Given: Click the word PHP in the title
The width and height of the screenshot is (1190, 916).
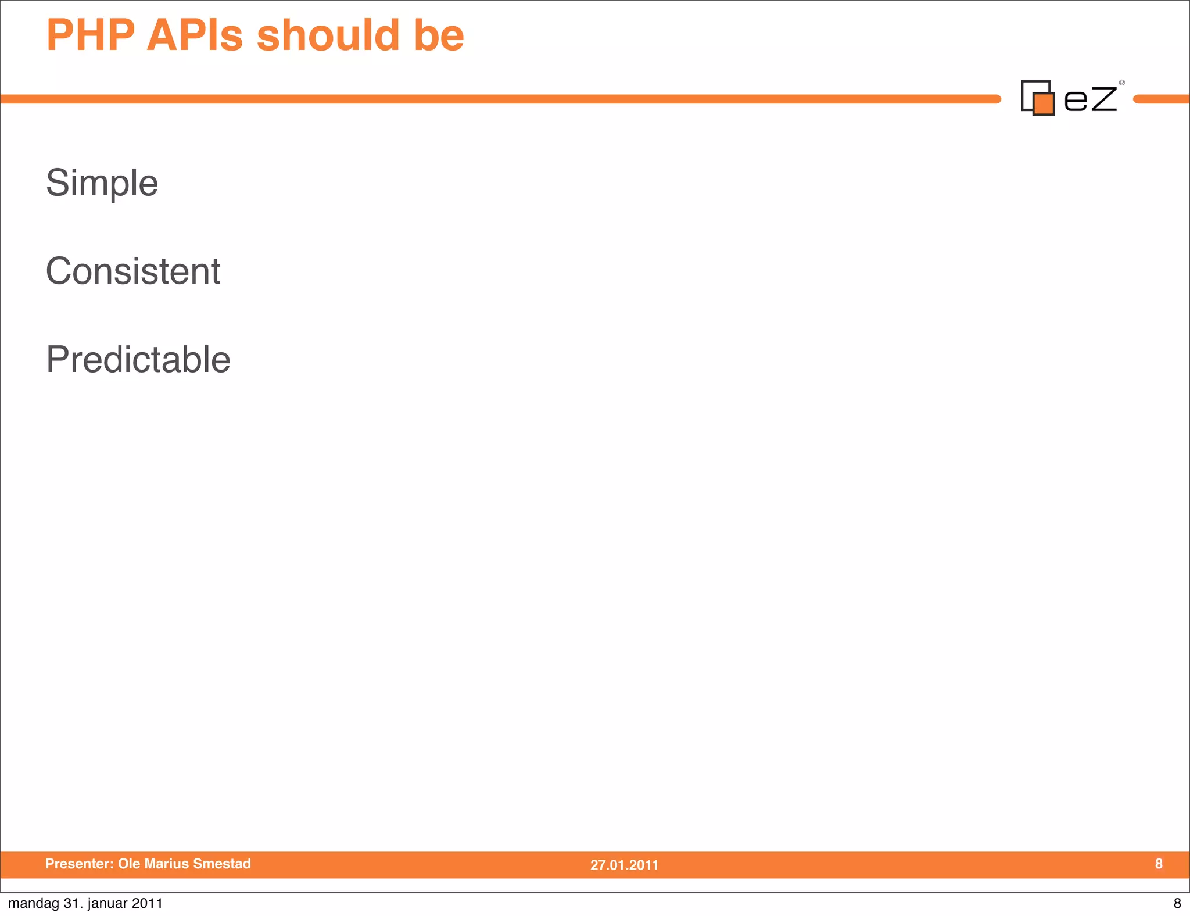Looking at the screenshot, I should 91,35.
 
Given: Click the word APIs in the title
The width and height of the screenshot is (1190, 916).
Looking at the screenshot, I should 194,35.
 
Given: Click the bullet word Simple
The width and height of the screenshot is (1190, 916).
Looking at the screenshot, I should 102,184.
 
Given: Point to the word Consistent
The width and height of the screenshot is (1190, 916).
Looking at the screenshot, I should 133,271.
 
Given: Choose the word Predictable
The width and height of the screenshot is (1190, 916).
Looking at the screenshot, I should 138,359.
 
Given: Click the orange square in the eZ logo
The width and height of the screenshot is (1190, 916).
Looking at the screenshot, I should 1044,104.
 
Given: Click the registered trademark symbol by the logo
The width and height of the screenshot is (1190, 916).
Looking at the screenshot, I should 1122,83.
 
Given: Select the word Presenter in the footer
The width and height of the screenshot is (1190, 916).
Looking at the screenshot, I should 78,864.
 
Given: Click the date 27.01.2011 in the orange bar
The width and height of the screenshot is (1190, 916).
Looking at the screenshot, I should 624,865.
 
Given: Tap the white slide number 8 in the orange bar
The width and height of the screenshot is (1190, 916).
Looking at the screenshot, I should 1159,864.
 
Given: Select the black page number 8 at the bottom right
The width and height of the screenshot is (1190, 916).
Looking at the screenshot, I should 1177,903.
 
